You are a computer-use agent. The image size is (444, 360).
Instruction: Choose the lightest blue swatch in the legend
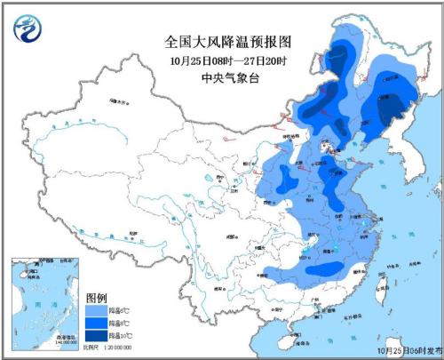tap(96, 308)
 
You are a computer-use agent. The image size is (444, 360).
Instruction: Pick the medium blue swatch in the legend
tap(96, 322)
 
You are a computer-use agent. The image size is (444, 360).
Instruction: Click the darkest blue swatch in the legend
tap(96, 335)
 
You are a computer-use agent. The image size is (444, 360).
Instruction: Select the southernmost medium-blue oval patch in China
tap(327, 268)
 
